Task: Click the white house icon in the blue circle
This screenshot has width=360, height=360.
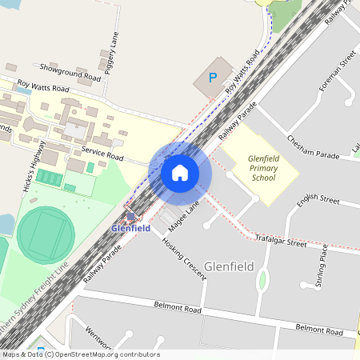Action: (x=180, y=171)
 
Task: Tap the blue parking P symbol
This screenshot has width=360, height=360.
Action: (x=212, y=78)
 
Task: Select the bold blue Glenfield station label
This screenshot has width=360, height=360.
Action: (x=130, y=228)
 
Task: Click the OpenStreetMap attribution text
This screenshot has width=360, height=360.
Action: (x=80, y=354)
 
